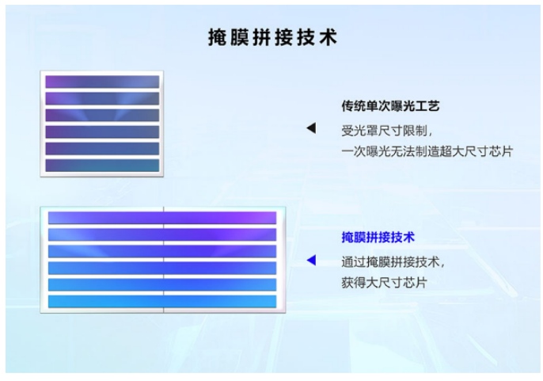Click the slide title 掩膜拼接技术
[272, 36]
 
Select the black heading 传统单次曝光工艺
[390, 105]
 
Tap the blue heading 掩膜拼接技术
[378, 236]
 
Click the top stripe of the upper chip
[102, 82]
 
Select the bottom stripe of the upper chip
[102, 165]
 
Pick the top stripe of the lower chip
[162, 218]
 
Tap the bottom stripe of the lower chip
[162, 301]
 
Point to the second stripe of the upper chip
[102, 98]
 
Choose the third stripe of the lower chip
[162, 251]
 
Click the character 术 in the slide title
[326, 36]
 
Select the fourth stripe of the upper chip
[102, 131]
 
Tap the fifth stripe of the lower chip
[162, 284]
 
